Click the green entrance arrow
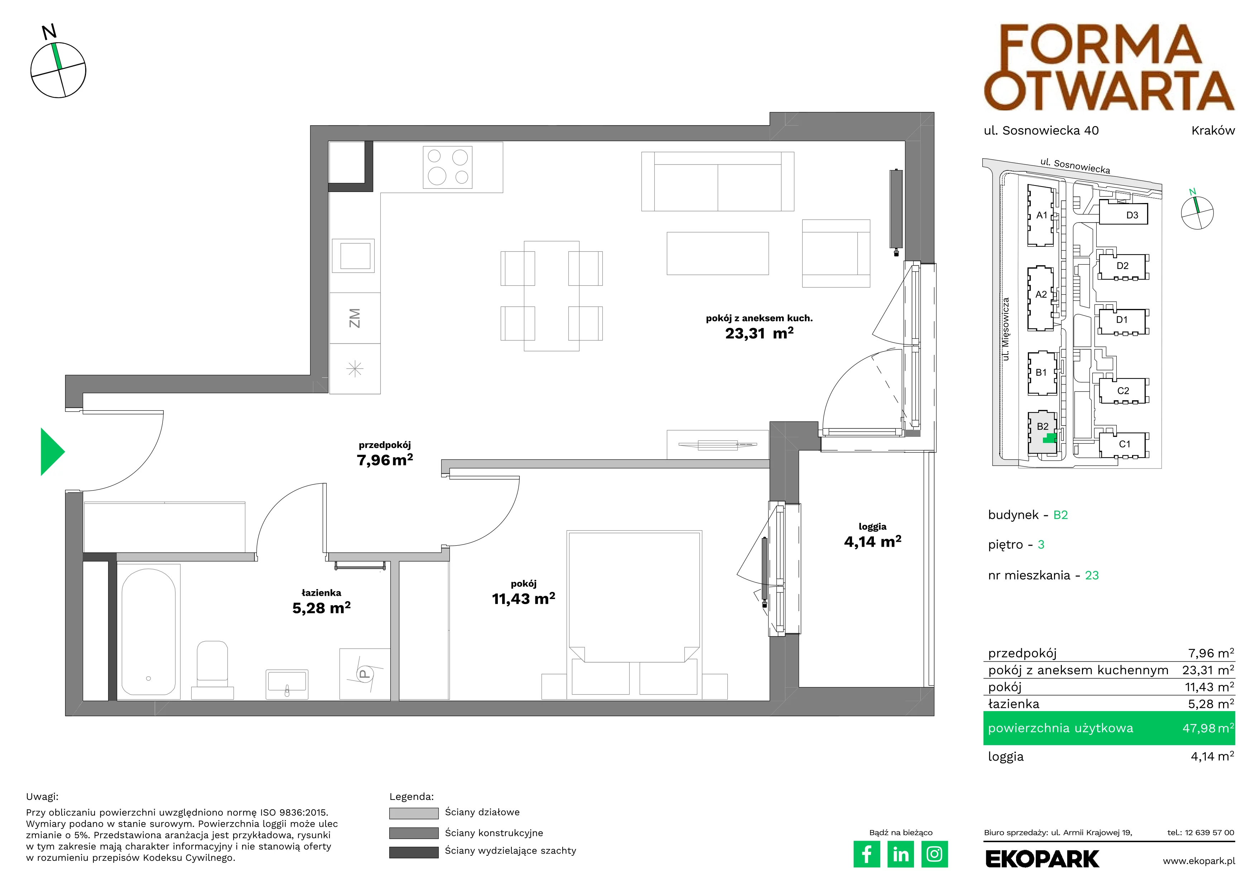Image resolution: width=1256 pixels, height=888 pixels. (x=52, y=452)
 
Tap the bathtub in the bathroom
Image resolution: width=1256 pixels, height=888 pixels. (x=149, y=632)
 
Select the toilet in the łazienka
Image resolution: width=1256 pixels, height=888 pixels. (x=212, y=670)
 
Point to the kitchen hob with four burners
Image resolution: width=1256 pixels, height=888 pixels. (x=447, y=167)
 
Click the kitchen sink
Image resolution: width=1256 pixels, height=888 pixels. (x=355, y=255)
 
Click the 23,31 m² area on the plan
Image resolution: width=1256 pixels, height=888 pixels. (x=759, y=333)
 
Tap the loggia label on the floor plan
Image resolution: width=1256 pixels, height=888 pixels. (x=872, y=527)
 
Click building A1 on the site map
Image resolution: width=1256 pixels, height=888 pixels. (x=1041, y=216)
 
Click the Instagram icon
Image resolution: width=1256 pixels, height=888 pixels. (x=935, y=854)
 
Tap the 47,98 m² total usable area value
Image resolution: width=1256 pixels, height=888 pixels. (x=1208, y=728)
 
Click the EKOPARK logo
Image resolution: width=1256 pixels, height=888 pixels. (x=1042, y=859)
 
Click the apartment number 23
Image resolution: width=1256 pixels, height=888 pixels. (x=1092, y=575)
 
